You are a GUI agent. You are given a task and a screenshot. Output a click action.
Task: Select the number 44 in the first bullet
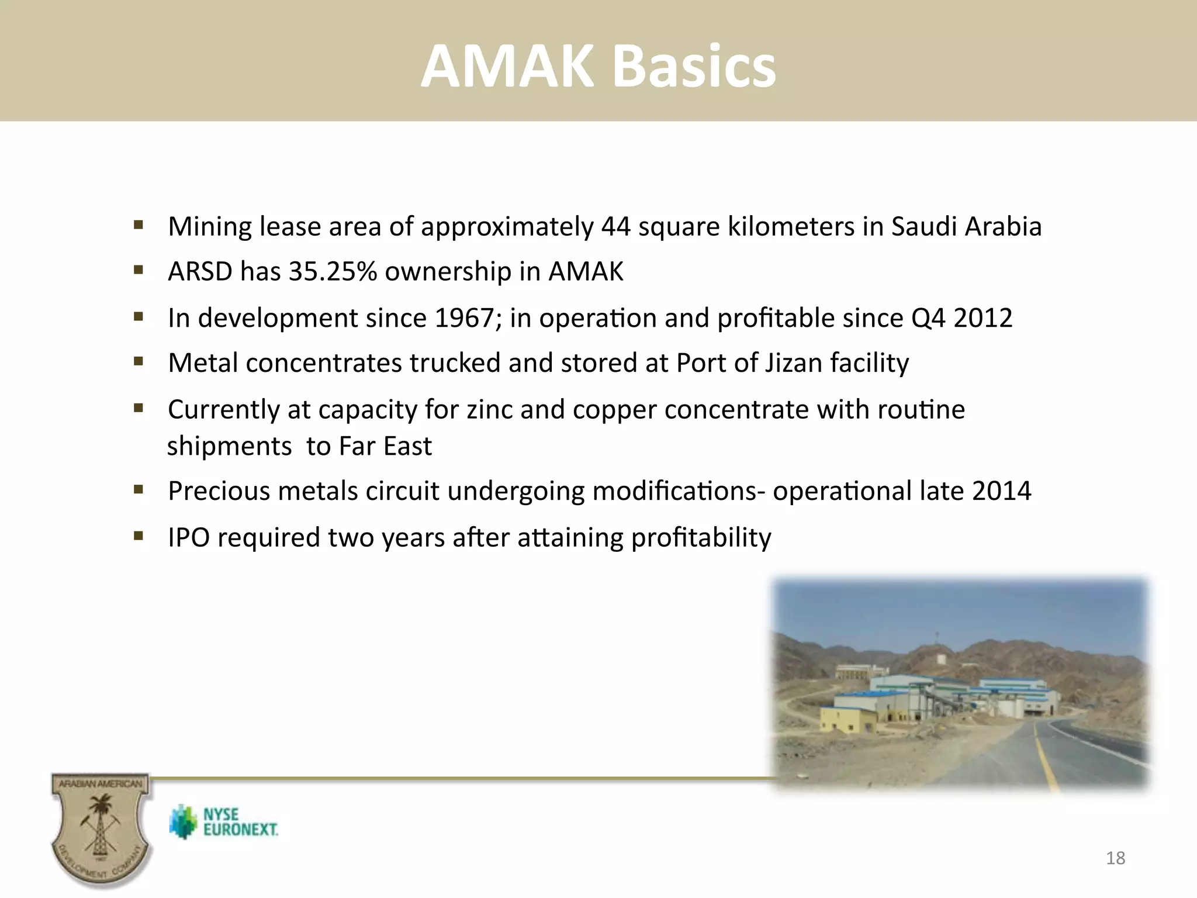click(616, 227)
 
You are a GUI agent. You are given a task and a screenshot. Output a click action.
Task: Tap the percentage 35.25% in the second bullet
click(333, 272)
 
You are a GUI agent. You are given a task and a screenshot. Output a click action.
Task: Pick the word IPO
click(188, 538)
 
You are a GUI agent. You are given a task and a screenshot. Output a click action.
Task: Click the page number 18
click(1115, 858)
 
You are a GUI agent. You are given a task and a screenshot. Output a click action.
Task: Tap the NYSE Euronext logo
click(224, 822)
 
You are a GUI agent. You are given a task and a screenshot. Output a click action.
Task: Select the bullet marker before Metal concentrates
click(139, 362)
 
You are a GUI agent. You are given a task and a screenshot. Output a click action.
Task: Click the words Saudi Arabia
click(966, 227)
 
